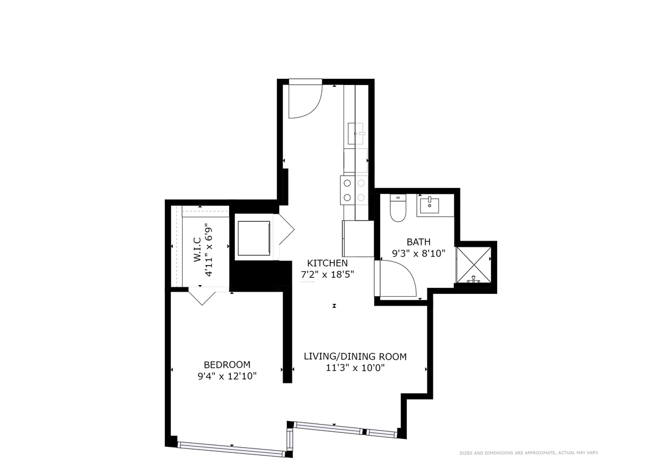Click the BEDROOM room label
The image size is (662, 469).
click(227, 365)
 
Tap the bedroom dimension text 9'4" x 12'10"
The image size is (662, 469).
click(227, 376)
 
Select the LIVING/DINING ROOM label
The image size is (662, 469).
click(355, 356)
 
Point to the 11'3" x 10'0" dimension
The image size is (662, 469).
click(355, 368)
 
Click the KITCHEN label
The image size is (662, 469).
click(327, 263)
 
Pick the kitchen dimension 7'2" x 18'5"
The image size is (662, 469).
click(327, 274)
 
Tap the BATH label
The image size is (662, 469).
click(418, 242)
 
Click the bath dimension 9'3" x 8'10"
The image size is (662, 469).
click(418, 253)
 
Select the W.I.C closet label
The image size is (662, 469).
click(198, 251)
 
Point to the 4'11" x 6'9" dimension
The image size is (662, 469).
click(209, 250)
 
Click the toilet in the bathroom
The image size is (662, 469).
click(398, 208)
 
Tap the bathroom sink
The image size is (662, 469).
click(429, 206)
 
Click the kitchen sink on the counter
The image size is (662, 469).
click(355, 134)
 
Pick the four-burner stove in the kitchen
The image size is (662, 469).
click(355, 189)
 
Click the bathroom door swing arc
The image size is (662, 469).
click(398, 281)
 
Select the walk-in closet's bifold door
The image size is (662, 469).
click(200, 296)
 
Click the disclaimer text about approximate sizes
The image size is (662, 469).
click(528, 453)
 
